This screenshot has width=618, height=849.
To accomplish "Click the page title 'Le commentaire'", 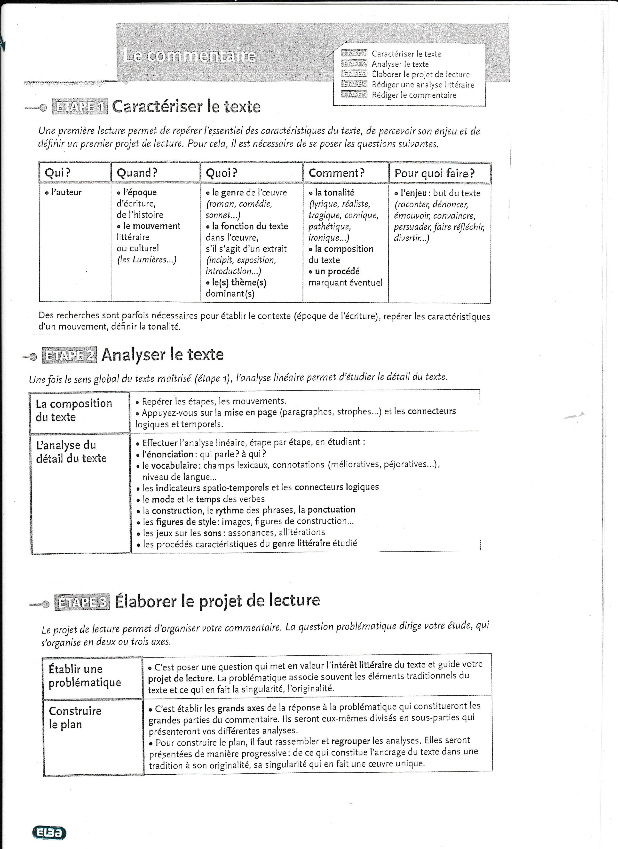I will click(189, 56).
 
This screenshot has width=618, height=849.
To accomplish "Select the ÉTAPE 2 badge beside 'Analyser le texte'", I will click(69, 355).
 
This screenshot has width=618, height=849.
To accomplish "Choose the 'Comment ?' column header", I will click(337, 173).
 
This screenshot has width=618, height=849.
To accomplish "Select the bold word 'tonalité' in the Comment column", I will click(334, 192).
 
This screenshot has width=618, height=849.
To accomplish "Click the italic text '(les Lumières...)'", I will click(146, 260).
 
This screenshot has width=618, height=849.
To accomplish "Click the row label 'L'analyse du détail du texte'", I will click(71, 452).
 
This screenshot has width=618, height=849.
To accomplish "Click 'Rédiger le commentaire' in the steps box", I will click(414, 95).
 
